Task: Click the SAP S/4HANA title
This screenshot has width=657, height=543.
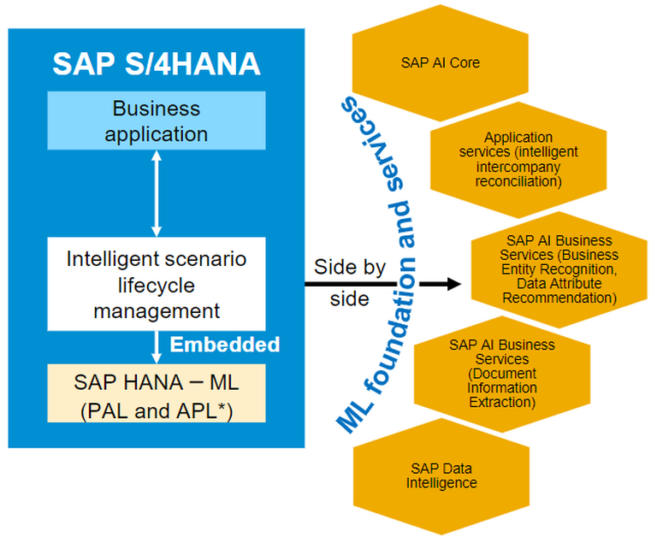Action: (x=157, y=63)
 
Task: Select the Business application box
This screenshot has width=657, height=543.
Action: (x=157, y=121)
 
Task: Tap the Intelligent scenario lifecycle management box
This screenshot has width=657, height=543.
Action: (x=157, y=284)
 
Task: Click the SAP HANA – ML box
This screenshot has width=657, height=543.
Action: (x=157, y=393)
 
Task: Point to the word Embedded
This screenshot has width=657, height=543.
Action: (x=225, y=345)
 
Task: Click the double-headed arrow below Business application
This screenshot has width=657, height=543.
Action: (x=157, y=193)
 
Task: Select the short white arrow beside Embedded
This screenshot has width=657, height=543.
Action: (x=157, y=347)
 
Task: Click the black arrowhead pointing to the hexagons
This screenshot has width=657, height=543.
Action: (x=454, y=284)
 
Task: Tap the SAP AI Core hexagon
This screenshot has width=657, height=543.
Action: (x=440, y=62)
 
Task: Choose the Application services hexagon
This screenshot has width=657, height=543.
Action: (x=518, y=160)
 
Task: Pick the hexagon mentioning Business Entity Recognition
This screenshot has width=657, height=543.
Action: (x=559, y=269)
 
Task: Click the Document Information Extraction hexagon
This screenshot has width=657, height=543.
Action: (x=502, y=374)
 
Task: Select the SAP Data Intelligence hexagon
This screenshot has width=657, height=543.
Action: (x=441, y=476)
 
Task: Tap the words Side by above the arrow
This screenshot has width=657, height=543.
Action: (x=349, y=268)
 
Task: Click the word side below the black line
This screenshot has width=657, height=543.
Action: (x=349, y=298)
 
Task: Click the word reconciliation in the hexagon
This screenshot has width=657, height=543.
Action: (x=518, y=181)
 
